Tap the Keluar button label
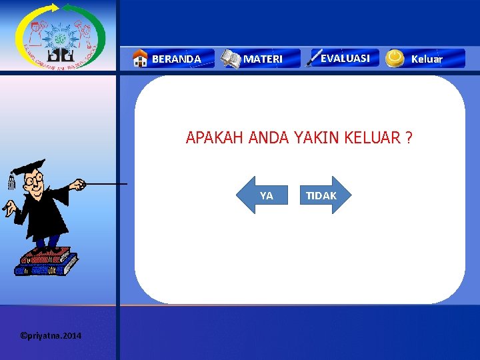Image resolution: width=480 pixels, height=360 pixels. point(427,59)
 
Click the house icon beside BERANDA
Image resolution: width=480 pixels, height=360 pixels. point(140,59)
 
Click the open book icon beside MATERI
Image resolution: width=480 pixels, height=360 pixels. point(231,59)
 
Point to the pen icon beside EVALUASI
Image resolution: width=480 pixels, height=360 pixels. point(313,59)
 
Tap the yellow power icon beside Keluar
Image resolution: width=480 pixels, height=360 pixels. point(395,59)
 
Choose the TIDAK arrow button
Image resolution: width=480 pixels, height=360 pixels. point(323,195)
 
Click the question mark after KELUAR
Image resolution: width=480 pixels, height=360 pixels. point(408,138)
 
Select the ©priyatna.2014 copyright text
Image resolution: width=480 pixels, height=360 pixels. point(51,335)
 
